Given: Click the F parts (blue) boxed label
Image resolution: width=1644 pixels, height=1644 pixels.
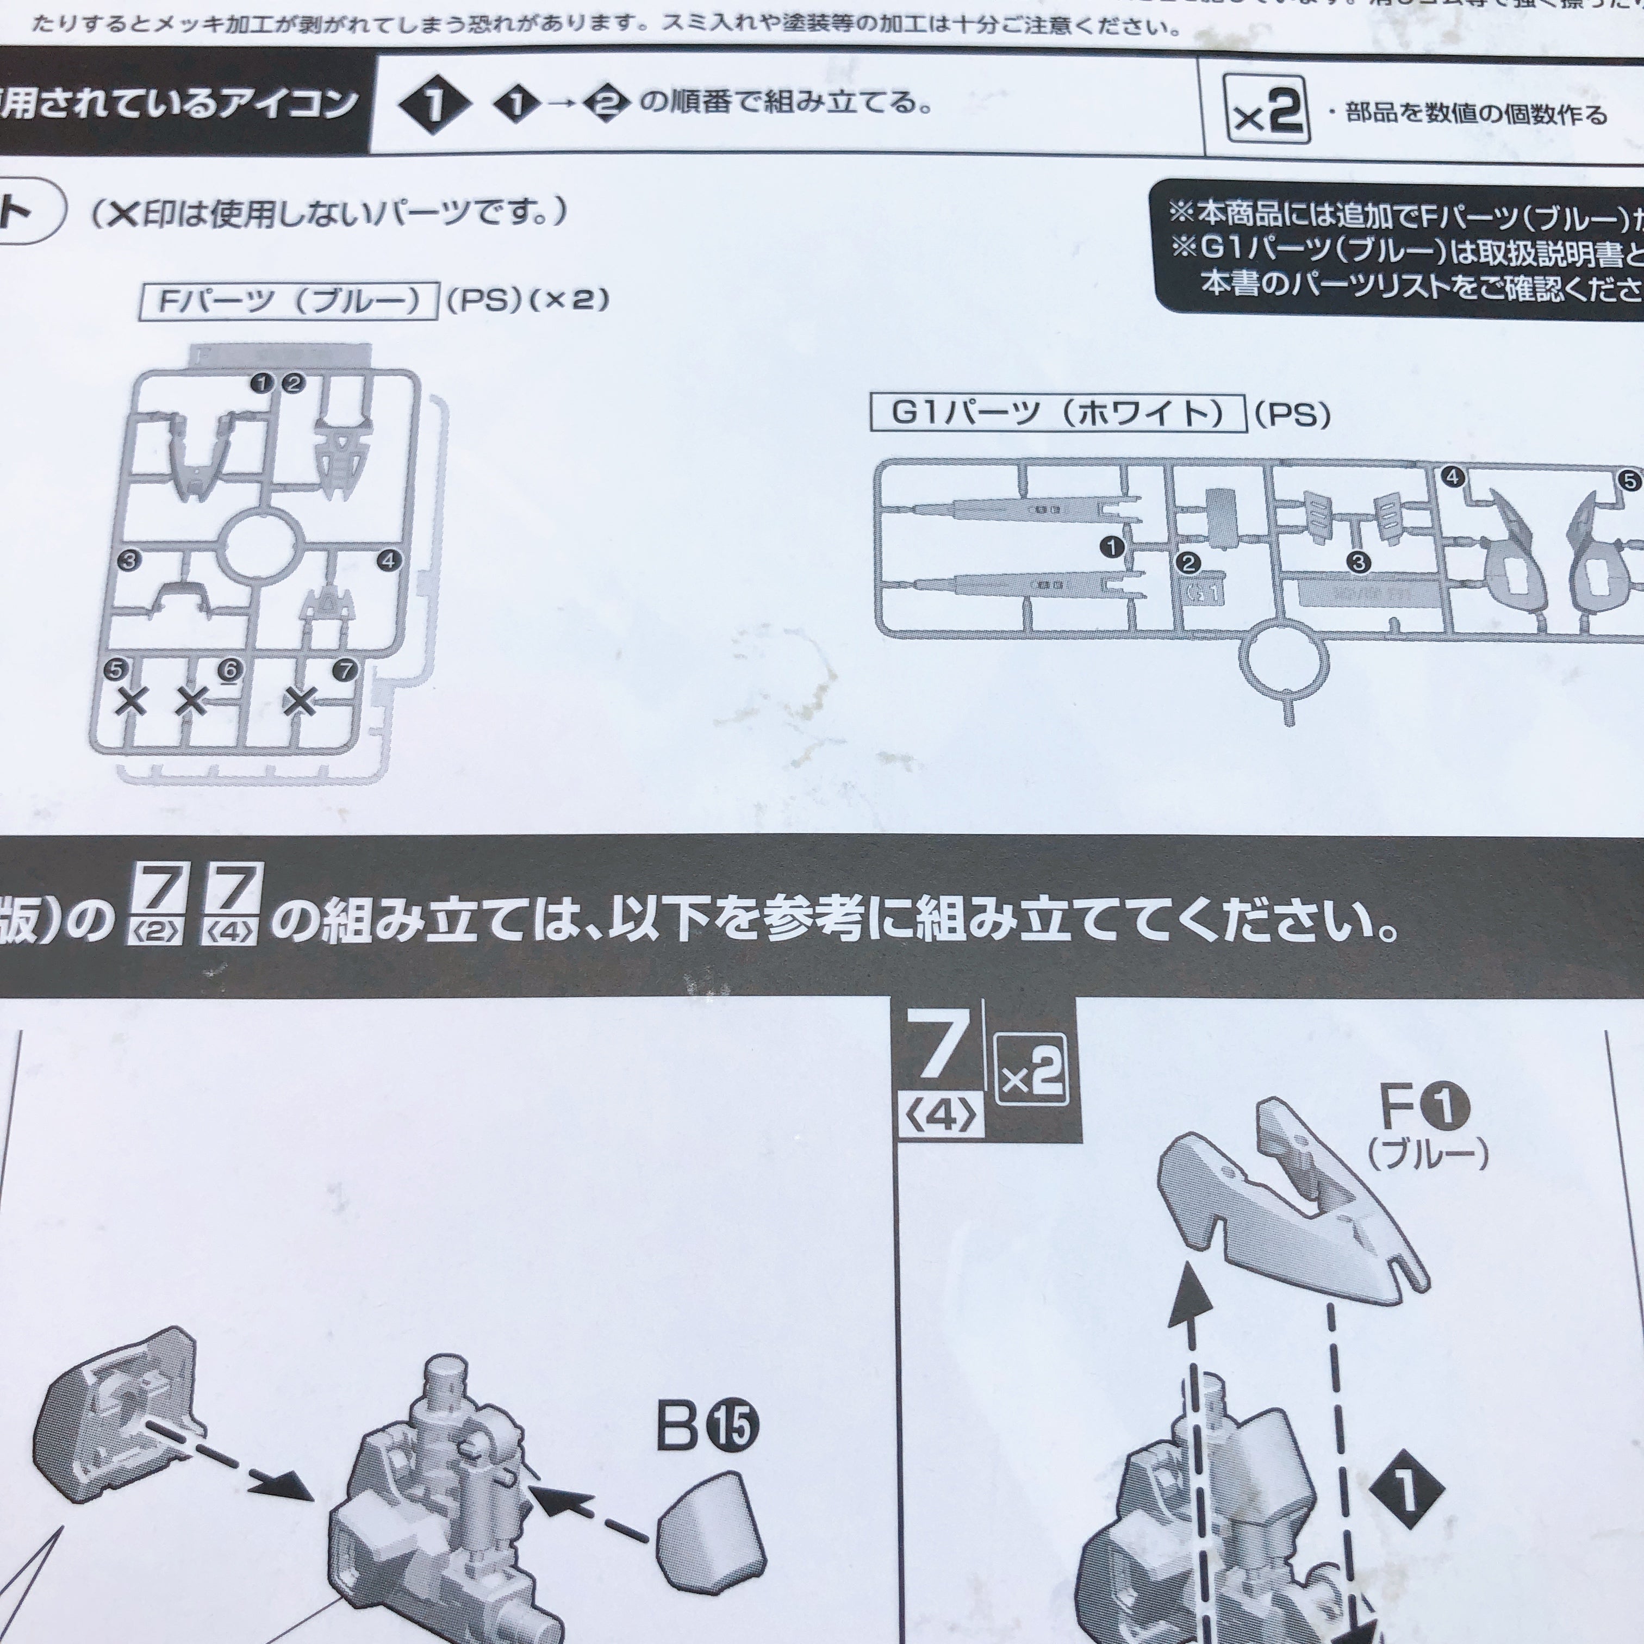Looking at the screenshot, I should coord(289,301).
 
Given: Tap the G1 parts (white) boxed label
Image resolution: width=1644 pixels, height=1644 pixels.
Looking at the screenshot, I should coord(1058,414).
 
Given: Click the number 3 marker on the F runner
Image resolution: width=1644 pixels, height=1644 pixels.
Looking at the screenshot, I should coord(129,560).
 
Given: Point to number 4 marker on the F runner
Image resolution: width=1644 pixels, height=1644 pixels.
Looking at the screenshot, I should coord(388,560).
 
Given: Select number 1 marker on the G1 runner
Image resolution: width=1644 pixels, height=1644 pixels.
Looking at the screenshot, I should coord(1111,547).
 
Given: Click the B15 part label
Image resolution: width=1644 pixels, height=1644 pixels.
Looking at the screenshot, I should coord(706,1425).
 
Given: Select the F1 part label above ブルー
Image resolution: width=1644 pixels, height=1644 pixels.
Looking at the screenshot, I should coord(1424,1106).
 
